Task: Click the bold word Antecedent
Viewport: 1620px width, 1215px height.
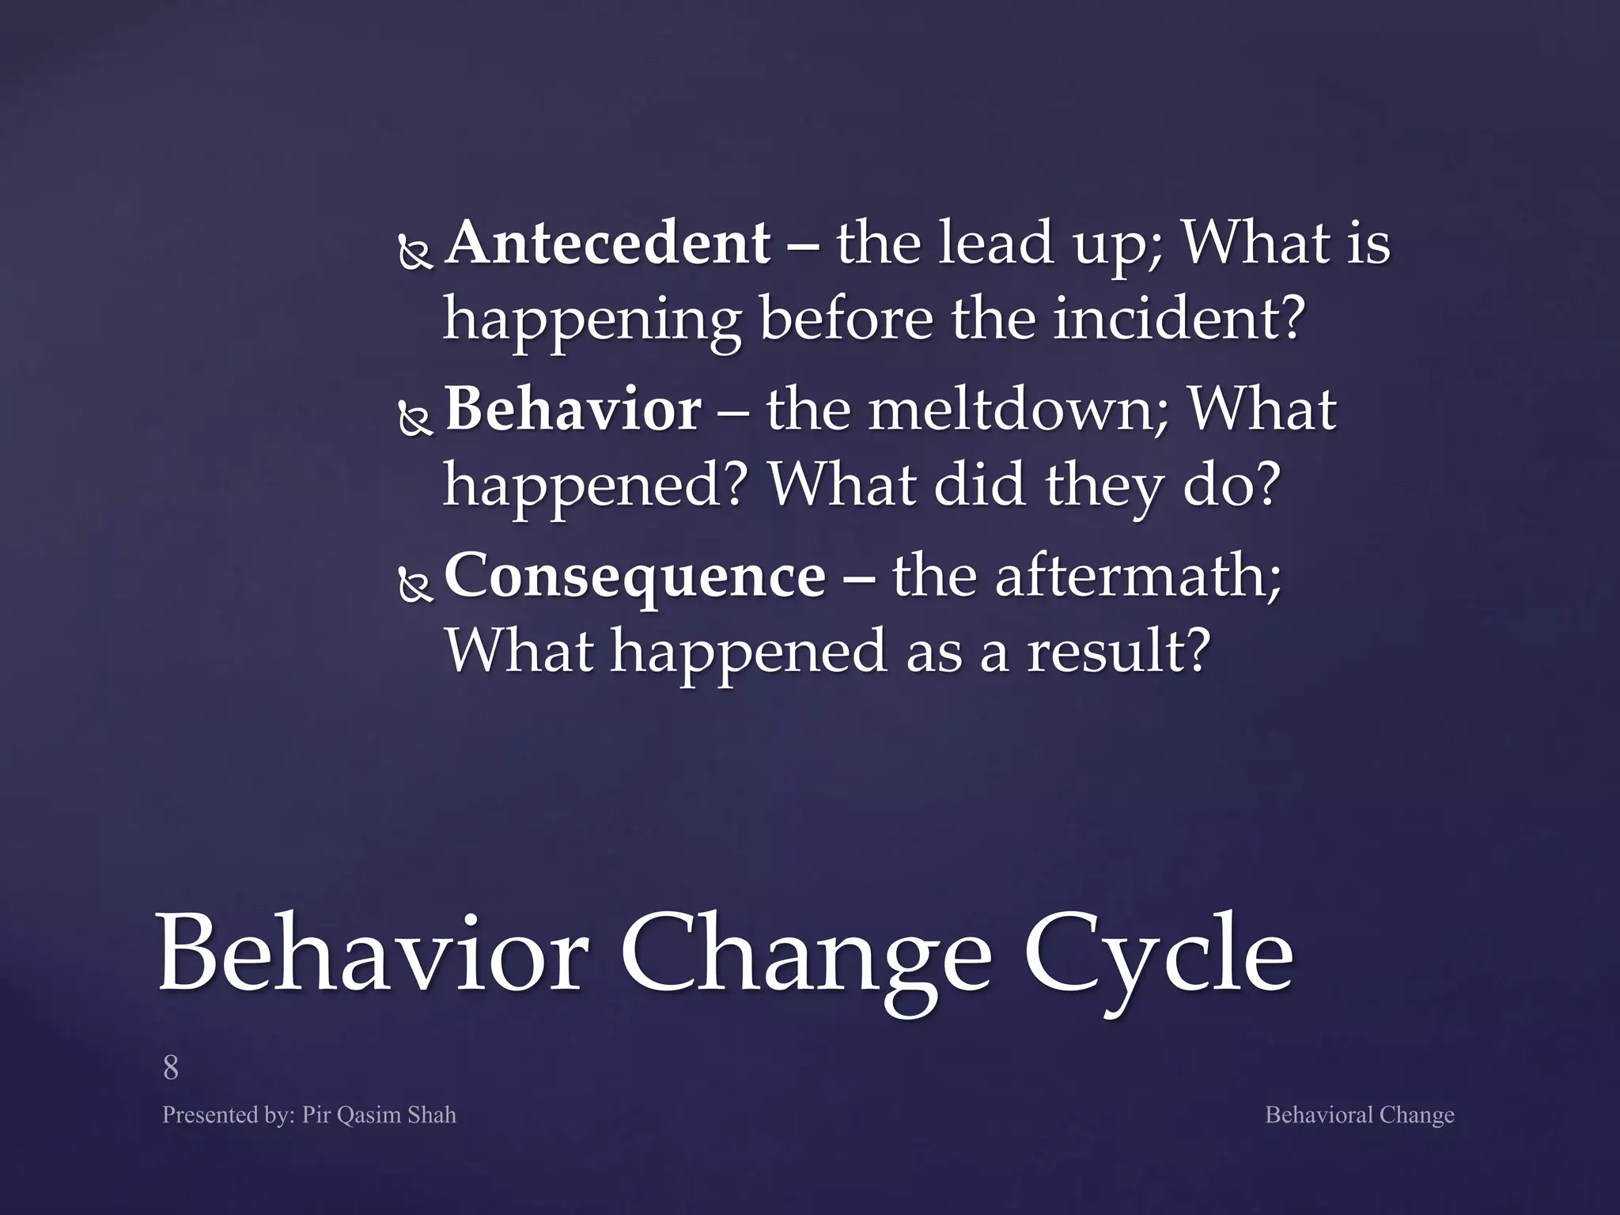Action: pos(607,244)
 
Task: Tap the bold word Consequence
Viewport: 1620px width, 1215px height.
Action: pos(635,576)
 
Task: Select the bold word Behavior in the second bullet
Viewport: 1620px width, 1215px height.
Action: pos(573,410)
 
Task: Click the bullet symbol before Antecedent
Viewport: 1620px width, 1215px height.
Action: pos(414,254)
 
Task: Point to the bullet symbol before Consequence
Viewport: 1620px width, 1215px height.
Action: pos(414,586)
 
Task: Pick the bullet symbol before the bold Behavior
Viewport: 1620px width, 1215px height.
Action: pos(414,420)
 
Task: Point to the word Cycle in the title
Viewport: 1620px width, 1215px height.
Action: pos(1158,954)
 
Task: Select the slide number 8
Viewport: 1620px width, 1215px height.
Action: pos(170,1068)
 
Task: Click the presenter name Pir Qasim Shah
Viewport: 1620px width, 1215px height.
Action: pos(378,1115)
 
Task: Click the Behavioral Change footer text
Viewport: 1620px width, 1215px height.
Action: pos(1359,1115)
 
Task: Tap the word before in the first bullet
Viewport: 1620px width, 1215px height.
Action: pos(846,320)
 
